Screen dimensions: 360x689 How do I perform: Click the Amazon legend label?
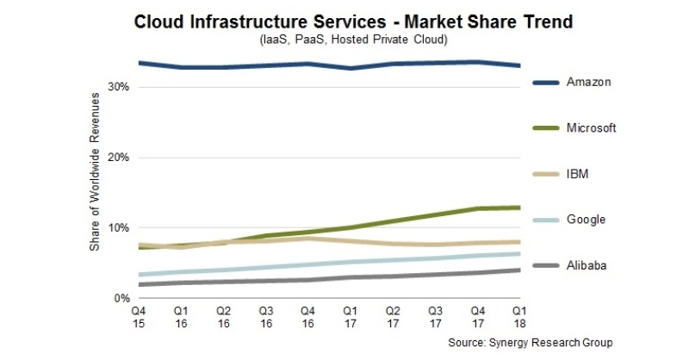(x=589, y=82)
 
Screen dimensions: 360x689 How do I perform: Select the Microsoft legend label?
(x=593, y=128)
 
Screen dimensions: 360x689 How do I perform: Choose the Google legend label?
(x=587, y=220)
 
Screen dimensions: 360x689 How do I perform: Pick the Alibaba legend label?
(x=587, y=265)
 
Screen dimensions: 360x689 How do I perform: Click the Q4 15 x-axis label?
(x=138, y=316)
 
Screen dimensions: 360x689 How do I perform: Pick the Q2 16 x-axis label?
(x=223, y=316)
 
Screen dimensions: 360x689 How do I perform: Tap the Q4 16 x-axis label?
(x=308, y=316)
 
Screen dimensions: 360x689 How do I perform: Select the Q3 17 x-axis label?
(x=436, y=316)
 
